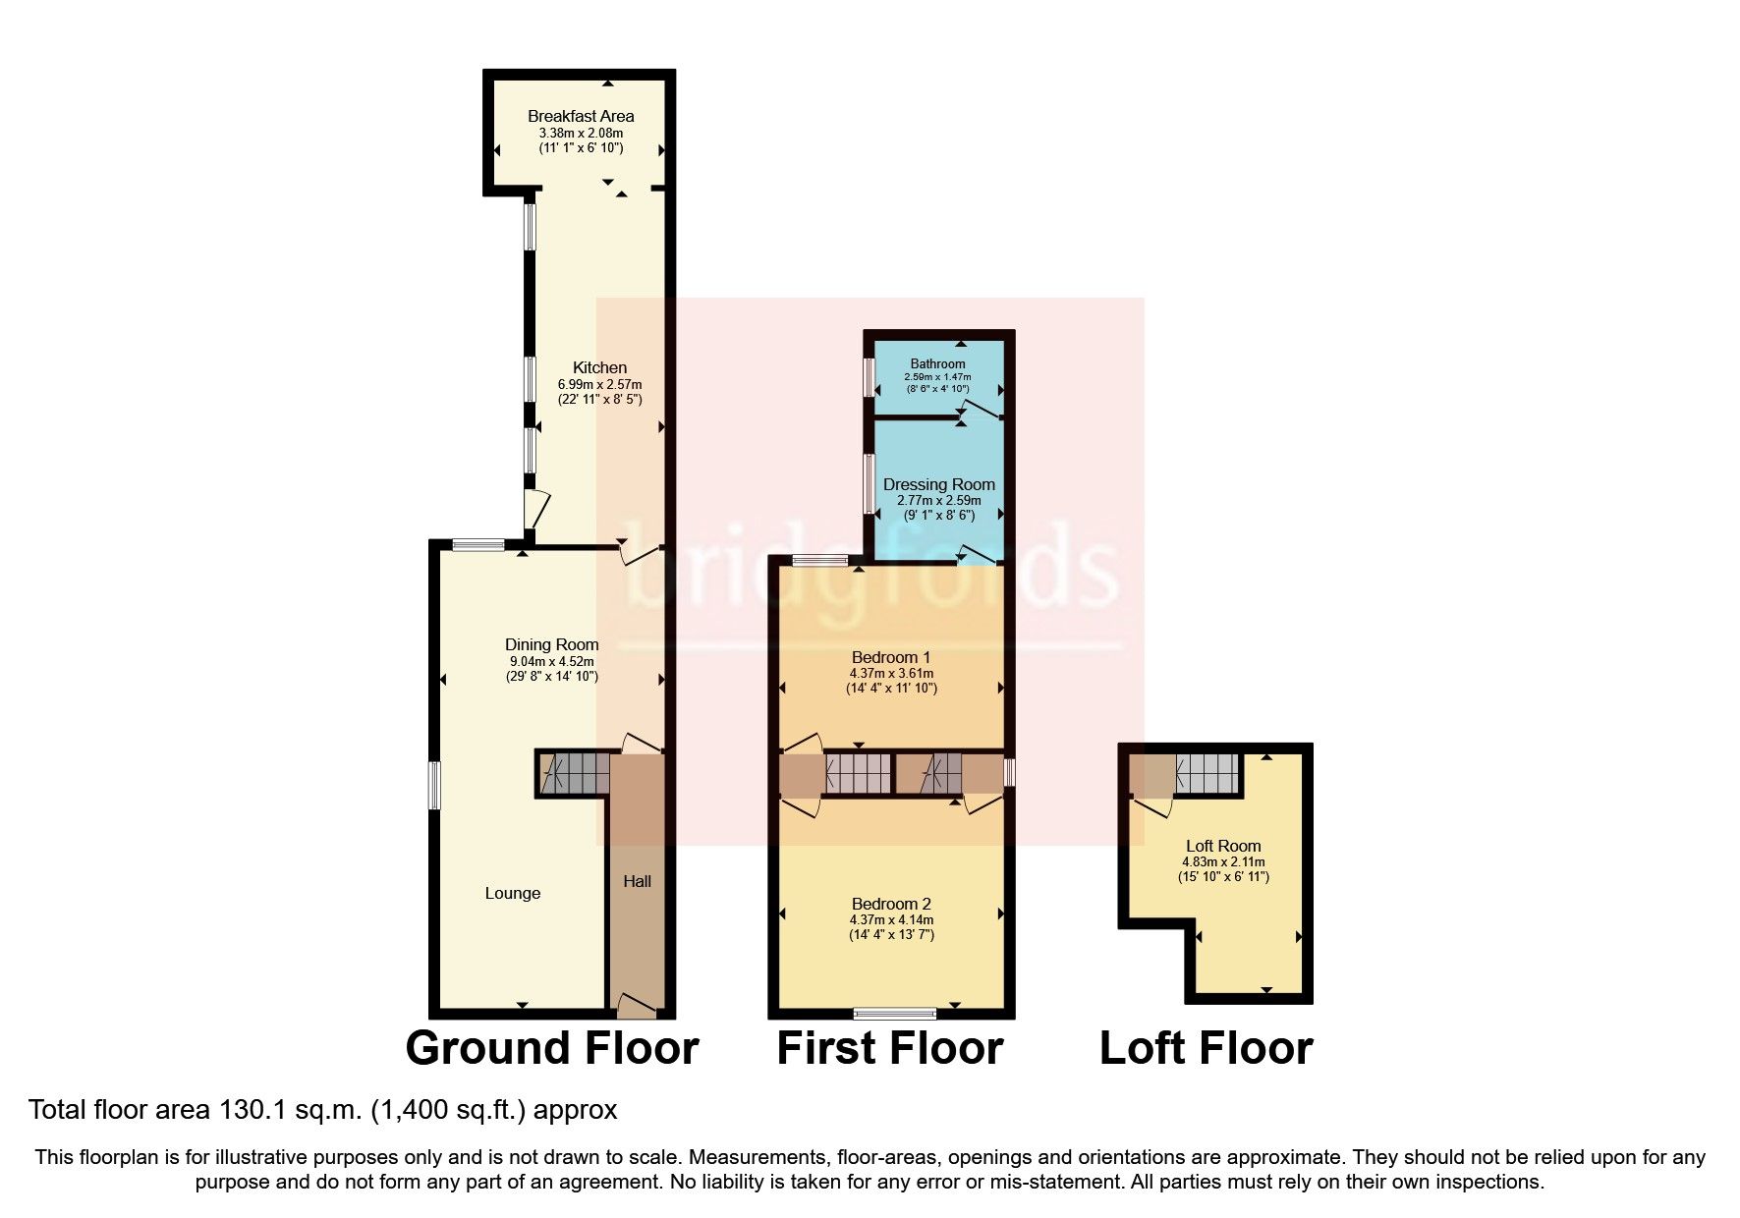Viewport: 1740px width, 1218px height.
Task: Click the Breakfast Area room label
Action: (581, 116)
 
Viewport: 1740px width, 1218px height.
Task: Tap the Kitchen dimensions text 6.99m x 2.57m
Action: (599, 384)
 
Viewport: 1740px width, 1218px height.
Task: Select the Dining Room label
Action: (551, 644)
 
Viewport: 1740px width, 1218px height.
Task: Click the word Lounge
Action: (513, 893)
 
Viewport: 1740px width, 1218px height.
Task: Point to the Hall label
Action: (637, 881)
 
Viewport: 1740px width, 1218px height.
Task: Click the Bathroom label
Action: (937, 363)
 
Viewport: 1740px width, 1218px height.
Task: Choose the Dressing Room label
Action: (938, 484)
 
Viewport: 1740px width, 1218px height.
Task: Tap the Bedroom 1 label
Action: (891, 657)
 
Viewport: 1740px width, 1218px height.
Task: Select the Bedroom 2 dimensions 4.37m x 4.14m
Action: (891, 919)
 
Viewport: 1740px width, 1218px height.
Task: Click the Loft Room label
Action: (1223, 846)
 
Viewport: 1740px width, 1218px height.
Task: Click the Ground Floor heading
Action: (551, 1048)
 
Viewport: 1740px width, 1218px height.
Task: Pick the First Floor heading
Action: (889, 1048)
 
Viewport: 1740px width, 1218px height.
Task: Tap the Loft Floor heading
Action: (1206, 1048)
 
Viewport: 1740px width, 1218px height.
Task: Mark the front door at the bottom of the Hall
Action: (637, 1004)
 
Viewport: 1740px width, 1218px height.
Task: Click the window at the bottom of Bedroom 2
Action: (894, 1012)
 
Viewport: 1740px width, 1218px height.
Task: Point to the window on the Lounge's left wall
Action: (434, 786)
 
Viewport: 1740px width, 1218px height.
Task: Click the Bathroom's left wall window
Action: (869, 377)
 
